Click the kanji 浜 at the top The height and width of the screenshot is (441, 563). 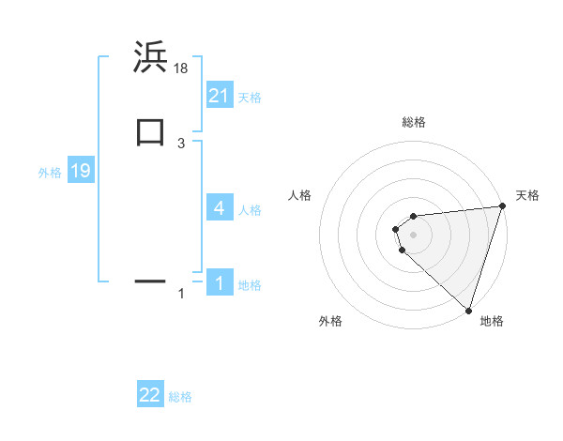(x=150, y=57)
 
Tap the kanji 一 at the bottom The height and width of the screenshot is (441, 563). (x=150, y=280)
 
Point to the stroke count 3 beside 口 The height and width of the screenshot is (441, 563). (x=181, y=143)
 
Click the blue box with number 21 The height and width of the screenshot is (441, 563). (x=220, y=96)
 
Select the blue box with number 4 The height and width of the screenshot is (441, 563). (x=220, y=208)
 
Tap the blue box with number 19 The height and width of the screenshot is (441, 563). (x=81, y=172)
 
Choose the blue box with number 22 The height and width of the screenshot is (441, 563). (x=150, y=395)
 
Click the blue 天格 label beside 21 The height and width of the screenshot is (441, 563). (x=250, y=98)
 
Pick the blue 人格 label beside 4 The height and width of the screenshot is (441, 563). (x=250, y=210)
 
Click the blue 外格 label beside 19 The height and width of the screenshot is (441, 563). (x=50, y=173)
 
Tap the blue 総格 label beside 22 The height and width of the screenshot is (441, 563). (x=180, y=397)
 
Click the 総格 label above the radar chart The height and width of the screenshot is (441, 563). (x=414, y=122)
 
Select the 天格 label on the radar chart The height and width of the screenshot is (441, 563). (x=527, y=195)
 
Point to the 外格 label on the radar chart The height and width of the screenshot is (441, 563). (x=330, y=321)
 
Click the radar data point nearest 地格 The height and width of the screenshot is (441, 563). (x=469, y=310)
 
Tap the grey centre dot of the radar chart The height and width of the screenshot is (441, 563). (x=414, y=234)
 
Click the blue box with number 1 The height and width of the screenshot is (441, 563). (x=220, y=282)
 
